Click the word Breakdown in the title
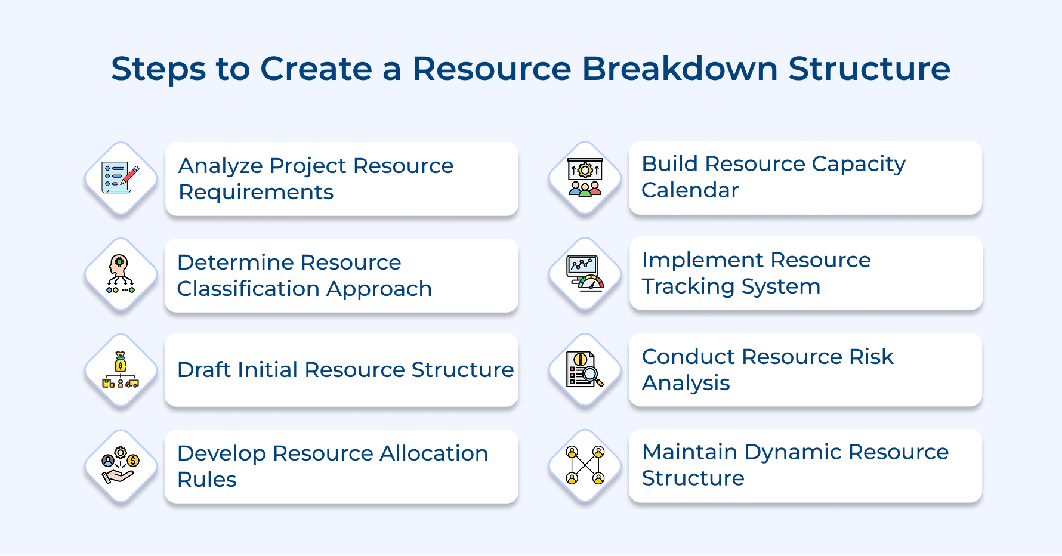coord(680,69)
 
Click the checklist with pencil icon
coord(121,178)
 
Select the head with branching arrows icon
coord(121,274)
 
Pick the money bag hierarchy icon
coord(121,370)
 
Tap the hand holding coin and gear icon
coord(121,466)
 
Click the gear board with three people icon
coord(585,178)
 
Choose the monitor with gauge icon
coord(585,274)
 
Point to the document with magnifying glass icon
coord(585,370)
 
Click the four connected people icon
coord(585,465)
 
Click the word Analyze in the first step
coord(220,166)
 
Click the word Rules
coord(207,480)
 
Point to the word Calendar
coord(690,190)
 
